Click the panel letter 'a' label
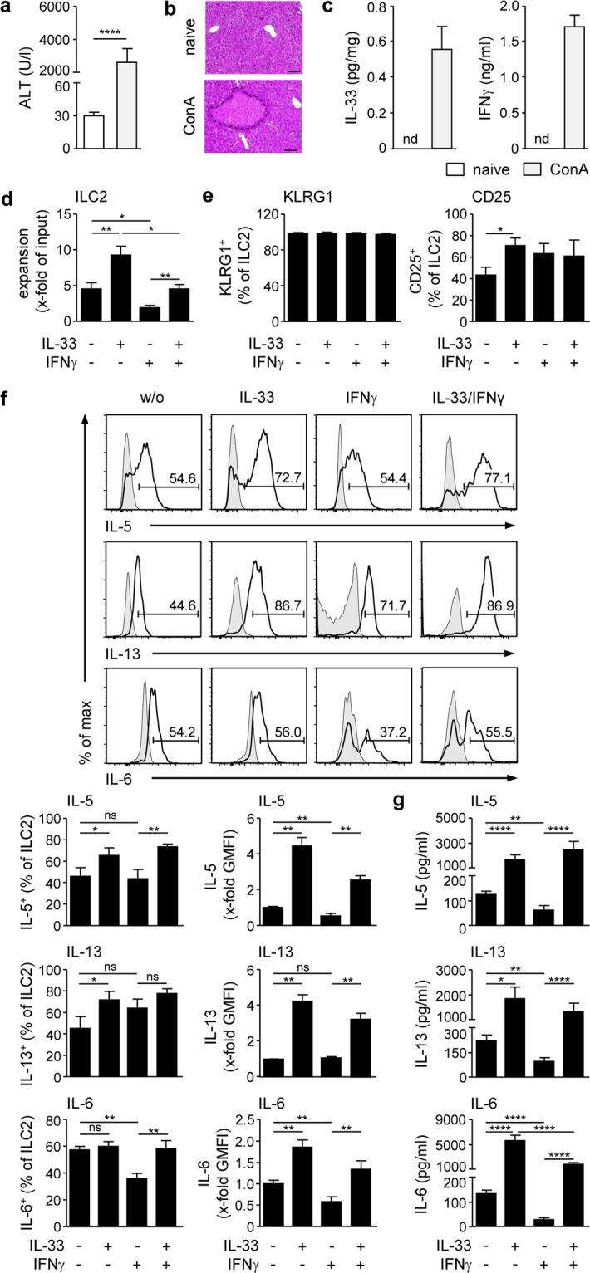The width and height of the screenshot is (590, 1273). tap(9, 9)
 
